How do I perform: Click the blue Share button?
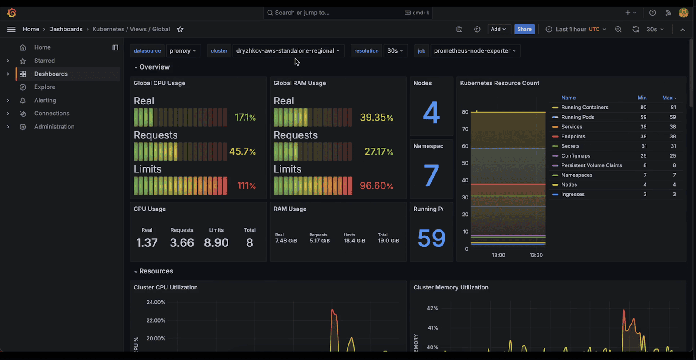coord(524,29)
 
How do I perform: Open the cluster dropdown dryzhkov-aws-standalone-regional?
coord(288,51)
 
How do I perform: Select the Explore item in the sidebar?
coord(45,87)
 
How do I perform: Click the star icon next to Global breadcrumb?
coord(180,29)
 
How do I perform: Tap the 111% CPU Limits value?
coord(246,186)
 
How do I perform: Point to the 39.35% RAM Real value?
coord(376,117)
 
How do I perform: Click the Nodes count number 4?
coord(431,113)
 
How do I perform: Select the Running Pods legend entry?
coord(577,117)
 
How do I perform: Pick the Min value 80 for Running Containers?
coord(643,107)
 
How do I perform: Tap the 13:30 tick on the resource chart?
coord(536,255)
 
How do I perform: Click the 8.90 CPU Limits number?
coord(216,242)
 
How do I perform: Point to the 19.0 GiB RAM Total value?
coord(388,241)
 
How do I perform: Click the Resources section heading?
coord(156,271)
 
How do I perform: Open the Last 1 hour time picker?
coord(576,29)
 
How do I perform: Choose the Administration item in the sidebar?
coord(54,127)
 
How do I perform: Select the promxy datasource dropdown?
coord(183,51)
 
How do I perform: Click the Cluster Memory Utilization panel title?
coord(451,287)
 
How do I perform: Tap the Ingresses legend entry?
coord(572,194)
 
